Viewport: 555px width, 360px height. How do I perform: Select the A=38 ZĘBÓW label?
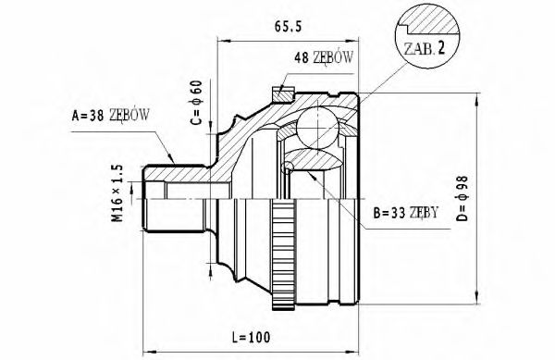tap(110, 115)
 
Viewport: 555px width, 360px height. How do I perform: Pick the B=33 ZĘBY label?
tap(406, 213)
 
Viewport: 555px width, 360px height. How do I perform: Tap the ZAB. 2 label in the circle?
tap(423, 48)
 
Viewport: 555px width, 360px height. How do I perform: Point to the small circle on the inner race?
tap(289, 168)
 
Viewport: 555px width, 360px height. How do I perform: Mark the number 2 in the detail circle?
tap(441, 48)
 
